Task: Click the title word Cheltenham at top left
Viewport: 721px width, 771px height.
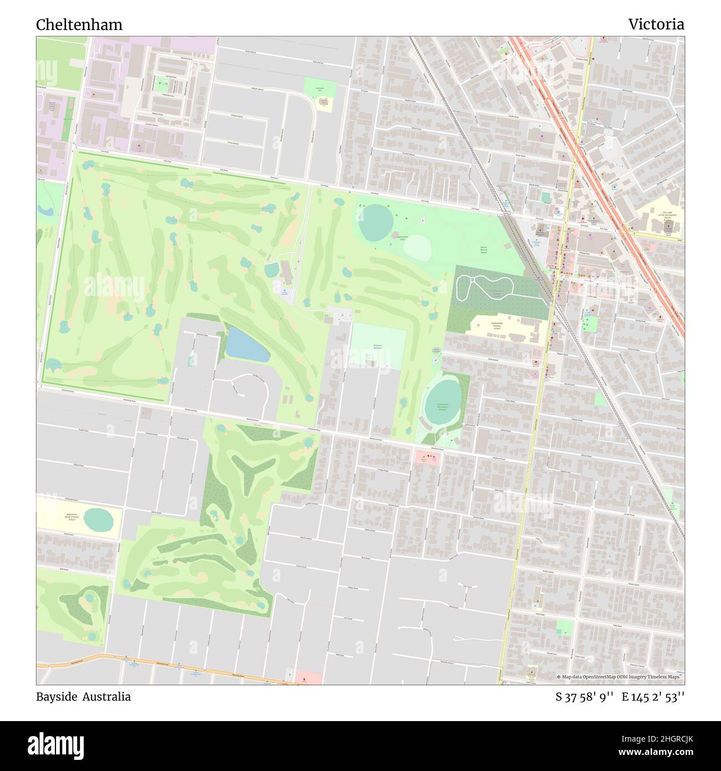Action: (79, 25)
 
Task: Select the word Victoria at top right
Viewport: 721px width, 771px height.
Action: (656, 24)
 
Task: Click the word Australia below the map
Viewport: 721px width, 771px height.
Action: (107, 697)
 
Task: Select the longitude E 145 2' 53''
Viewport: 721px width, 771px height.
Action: (653, 697)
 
